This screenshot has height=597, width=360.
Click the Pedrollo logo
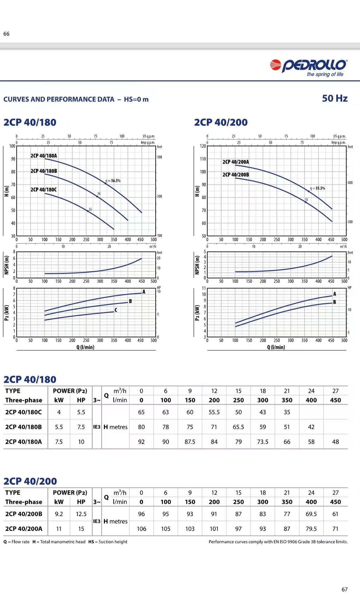[308, 66]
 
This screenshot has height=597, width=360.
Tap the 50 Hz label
[334, 98]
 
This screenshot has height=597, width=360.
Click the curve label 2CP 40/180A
[44, 156]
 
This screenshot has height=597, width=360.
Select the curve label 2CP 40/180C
[43, 190]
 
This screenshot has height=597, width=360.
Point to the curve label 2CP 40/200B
[236, 175]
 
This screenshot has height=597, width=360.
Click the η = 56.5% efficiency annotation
[113, 181]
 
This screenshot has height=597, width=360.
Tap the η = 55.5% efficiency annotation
[318, 188]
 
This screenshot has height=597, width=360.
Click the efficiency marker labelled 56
[99, 194]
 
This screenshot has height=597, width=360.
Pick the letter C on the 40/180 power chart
[116, 310]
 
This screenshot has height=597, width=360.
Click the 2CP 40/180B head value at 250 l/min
[238, 427]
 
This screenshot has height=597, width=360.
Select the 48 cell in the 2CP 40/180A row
[335, 442]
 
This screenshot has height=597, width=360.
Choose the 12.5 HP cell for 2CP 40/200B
[81, 514]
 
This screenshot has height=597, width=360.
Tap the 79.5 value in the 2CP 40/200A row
[311, 529]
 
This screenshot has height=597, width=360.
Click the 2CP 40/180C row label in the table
[24, 412]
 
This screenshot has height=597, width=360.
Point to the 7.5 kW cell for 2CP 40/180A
[59, 442]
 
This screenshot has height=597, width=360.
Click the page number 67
[345, 589]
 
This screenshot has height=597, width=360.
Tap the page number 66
[6, 34]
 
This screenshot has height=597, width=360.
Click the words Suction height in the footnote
[113, 542]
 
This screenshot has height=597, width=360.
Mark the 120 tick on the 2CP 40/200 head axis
[203, 146]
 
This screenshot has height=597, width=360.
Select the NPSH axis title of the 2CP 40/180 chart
[6, 265]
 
